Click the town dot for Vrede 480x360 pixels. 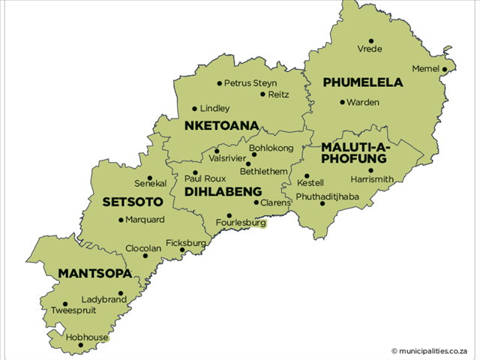coord(370,40)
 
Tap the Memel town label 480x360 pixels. coord(424,68)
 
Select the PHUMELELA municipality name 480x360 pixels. coord(362,82)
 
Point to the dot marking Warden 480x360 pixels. coord(343,102)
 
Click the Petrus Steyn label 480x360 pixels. coord(250,82)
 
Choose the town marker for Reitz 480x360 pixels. coord(262,94)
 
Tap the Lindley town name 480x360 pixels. coord(214,109)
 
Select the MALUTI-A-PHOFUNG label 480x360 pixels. coord(353,152)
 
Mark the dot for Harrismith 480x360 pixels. coord(370,170)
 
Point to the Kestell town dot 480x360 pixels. coord(307,175)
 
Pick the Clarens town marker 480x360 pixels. coord(256,202)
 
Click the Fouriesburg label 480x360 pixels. coord(241,223)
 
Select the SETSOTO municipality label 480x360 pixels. coord(133,202)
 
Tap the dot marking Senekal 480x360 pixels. coord(149,178)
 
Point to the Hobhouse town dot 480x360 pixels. coord(80,346)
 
